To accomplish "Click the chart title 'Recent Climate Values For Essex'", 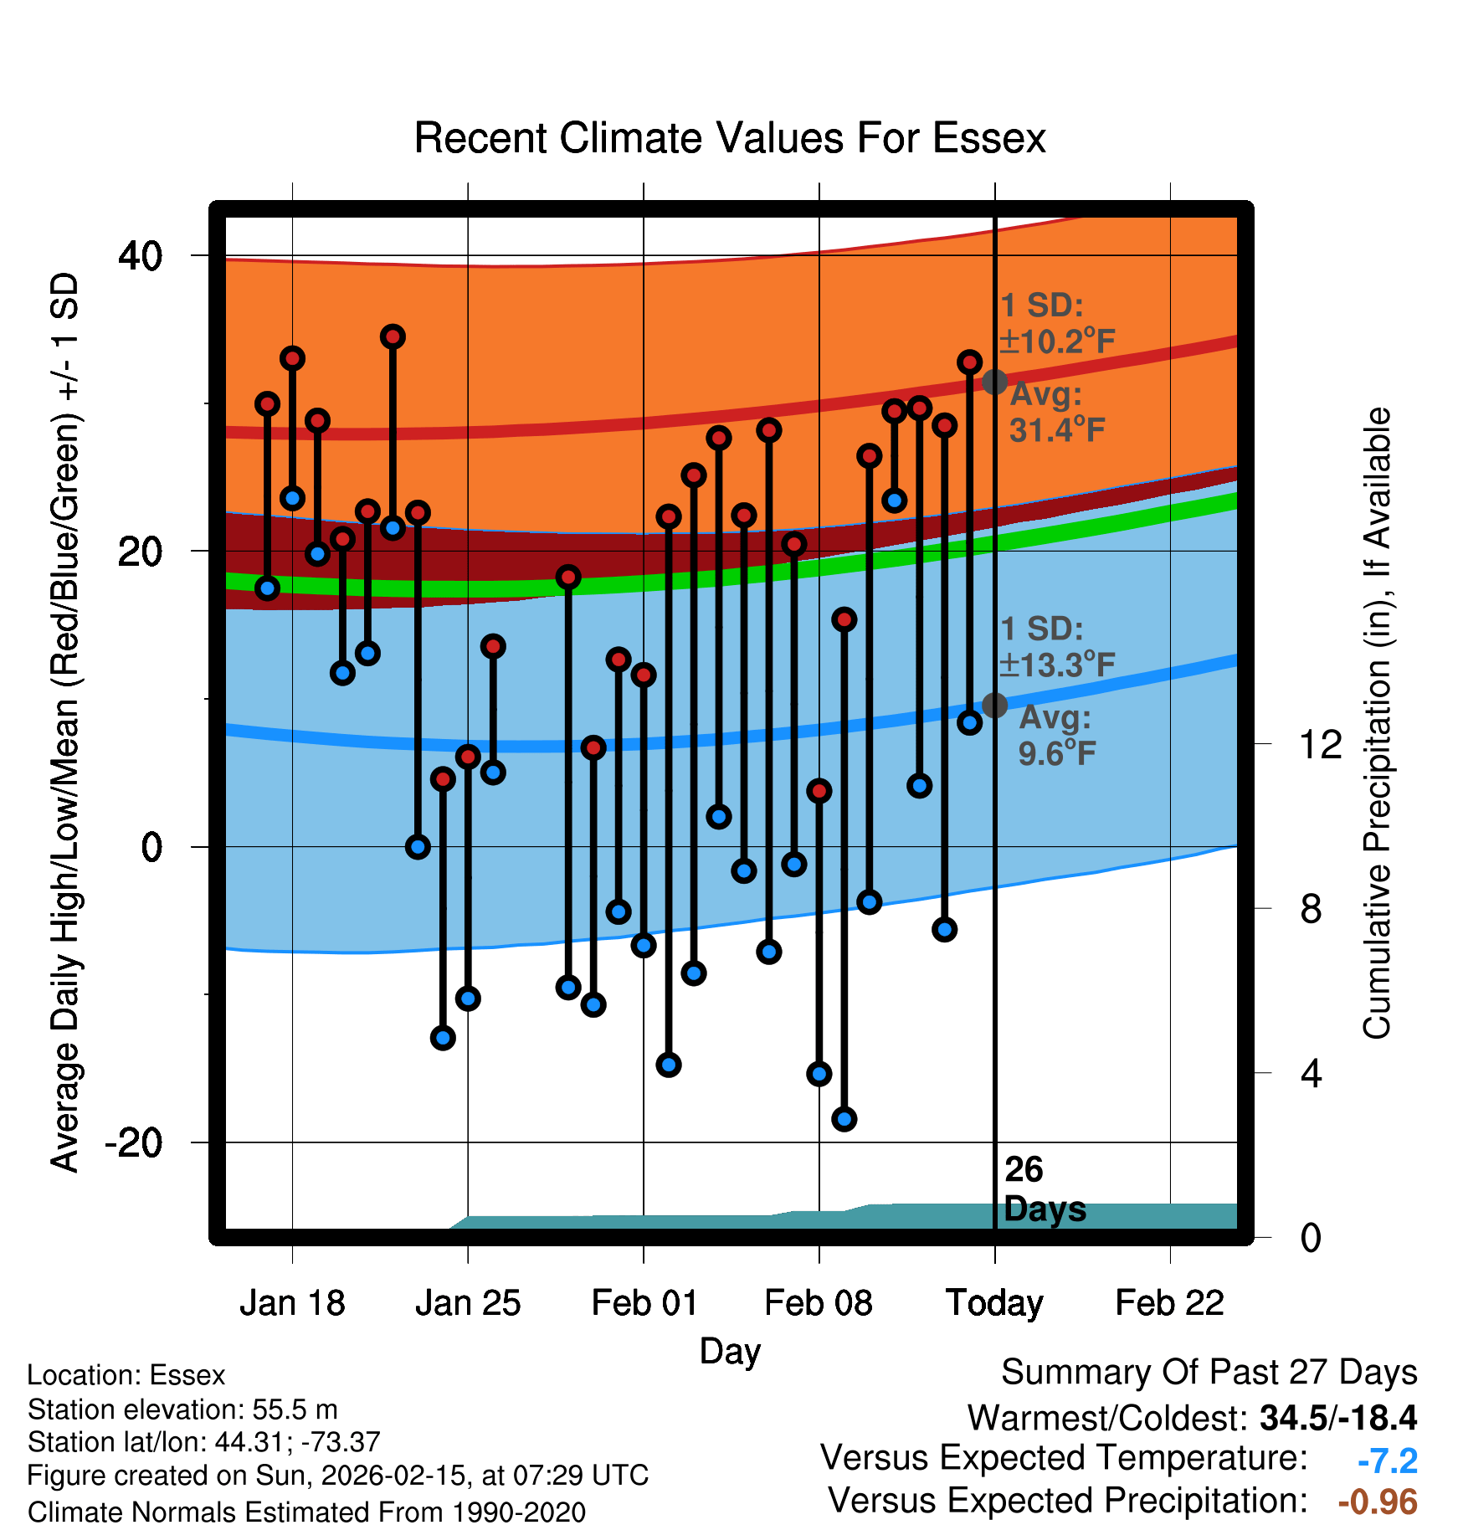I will (x=730, y=138).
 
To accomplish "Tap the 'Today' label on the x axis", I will (x=994, y=1303).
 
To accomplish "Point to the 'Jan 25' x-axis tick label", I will (x=468, y=1303).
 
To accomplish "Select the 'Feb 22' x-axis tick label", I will (x=1169, y=1303).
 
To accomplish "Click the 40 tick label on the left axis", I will (x=140, y=255).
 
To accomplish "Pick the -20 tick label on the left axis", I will (x=133, y=1142).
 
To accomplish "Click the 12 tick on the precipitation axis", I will (x=1320, y=744).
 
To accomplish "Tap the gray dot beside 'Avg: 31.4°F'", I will (x=994, y=382).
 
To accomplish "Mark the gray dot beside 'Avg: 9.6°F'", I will (x=994, y=706).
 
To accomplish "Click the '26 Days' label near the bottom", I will (x=1044, y=1189).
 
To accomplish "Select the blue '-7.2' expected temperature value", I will (x=1387, y=1461).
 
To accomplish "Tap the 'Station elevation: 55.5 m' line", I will (x=182, y=1409).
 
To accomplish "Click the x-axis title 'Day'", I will (x=730, y=1351).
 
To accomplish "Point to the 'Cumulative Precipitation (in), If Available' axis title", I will (x=1378, y=723).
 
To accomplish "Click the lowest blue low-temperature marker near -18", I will (x=844, y=1119).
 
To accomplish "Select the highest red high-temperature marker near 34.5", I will (x=393, y=337).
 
